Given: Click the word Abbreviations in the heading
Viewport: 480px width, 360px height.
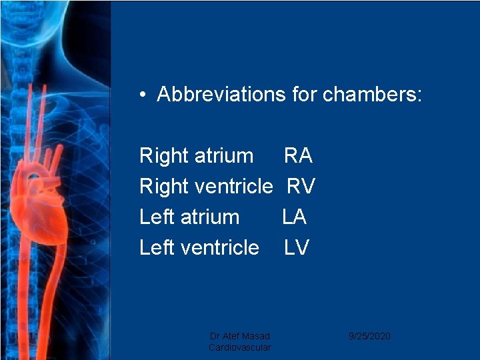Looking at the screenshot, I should pos(221,95).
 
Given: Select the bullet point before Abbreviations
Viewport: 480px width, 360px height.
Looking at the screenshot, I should pos(143,95).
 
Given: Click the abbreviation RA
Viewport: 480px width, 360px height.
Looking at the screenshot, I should pos(298,156).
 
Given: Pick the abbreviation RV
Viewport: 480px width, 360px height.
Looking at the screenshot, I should pos(301,187).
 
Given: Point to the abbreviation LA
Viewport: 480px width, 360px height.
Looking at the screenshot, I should pos(295,217).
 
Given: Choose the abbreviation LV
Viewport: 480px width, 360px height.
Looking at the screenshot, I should pos(297,248).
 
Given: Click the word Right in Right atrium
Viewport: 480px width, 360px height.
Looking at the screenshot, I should pos(164,157).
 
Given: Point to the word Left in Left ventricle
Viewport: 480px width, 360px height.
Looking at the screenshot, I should pos(155,248).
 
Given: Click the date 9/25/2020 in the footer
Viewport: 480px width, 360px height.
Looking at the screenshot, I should pos(369,336).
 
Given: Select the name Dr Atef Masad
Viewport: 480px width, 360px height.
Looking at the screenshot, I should pos(239,336).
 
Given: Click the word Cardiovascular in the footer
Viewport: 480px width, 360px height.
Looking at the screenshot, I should pos(239,347).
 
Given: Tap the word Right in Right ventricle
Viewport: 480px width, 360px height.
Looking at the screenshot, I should pos(164,187).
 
